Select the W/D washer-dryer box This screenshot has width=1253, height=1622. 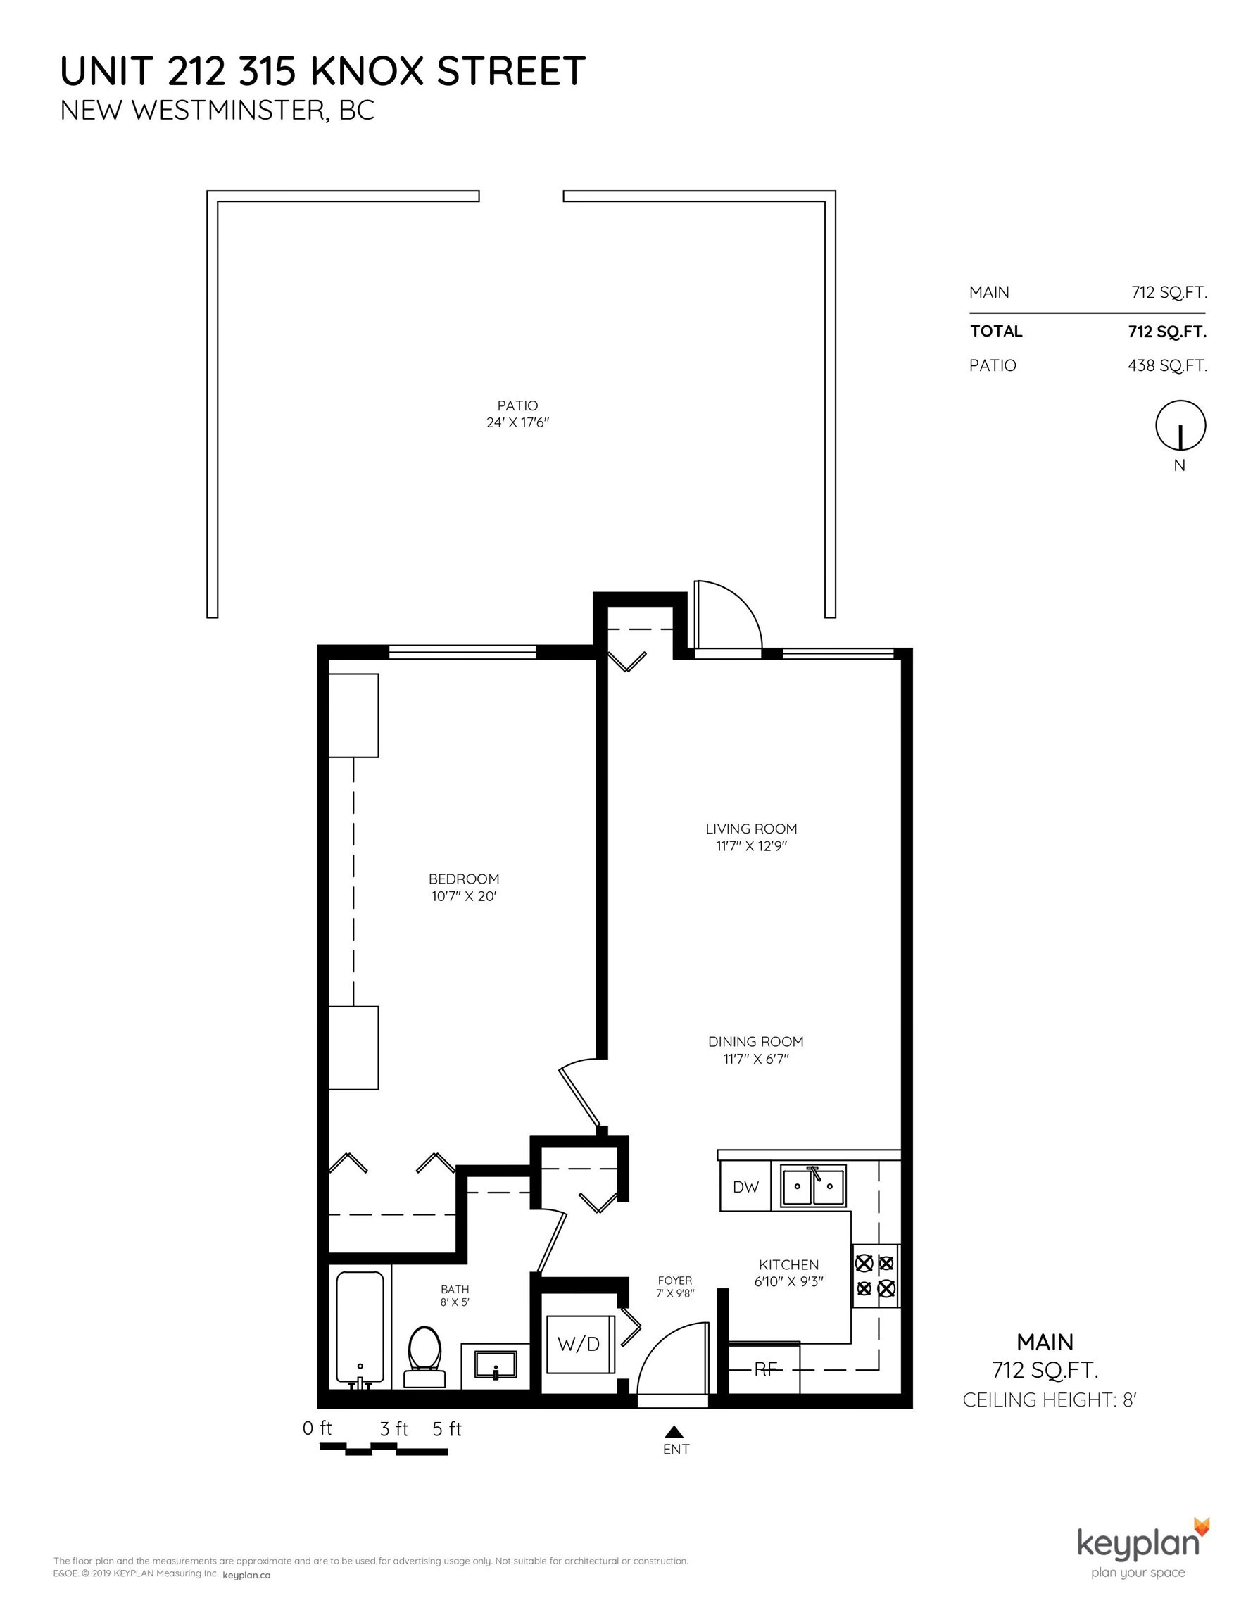pyautogui.click(x=579, y=1343)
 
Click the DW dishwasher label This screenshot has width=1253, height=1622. pyautogui.click(x=745, y=1187)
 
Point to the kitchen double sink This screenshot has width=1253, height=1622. pyautogui.click(x=813, y=1186)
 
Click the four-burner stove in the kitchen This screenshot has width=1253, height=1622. pyautogui.click(x=875, y=1275)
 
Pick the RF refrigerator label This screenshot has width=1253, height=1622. pyautogui.click(x=765, y=1369)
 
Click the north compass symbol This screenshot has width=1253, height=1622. pyautogui.click(x=1180, y=425)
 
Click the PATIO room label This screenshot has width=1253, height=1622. pyautogui.click(x=517, y=405)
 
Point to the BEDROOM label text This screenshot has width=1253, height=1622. pyautogui.click(x=464, y=879)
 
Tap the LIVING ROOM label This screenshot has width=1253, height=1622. pyautogui.click(x=751, y=829)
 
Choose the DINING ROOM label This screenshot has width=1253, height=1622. pyautogui.click(x=755, y=1042)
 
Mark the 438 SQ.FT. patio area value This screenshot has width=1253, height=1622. pyautogui.click(x=1167, y=365)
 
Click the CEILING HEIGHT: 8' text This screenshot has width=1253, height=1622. pyautogui.click(x=1050, y=1400)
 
